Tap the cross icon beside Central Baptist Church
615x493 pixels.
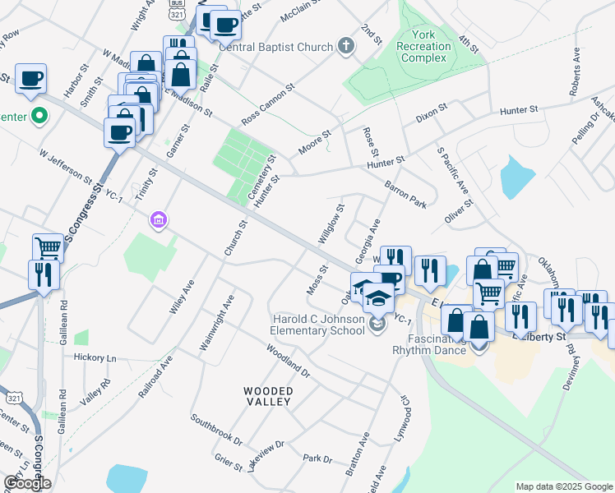point(345,46)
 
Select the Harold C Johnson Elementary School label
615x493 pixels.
point(317,325)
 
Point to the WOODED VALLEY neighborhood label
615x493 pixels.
point(266,395)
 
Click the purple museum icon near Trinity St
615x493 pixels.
point(158,219)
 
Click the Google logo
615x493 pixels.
point(27,483)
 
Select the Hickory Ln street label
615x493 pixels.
point(95,358)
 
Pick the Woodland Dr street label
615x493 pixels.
point(287,360)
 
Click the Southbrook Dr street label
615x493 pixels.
point(216,429)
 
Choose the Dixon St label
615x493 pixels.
point(431,113)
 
